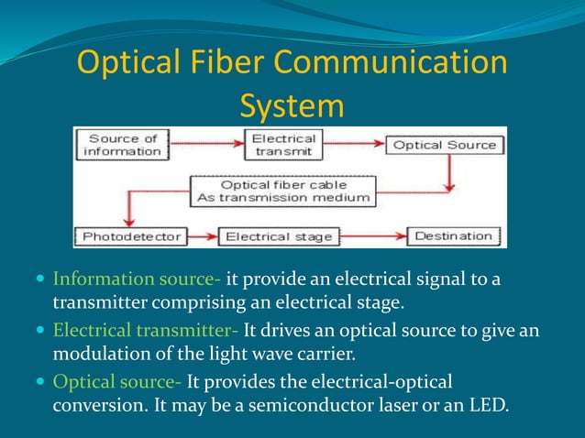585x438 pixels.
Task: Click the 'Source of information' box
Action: (x=123, y=145)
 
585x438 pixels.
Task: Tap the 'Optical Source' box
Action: (x=445, y=145)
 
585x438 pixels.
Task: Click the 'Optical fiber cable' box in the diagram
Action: (x=281, y=190)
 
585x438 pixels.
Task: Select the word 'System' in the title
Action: (x=292, y=106)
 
